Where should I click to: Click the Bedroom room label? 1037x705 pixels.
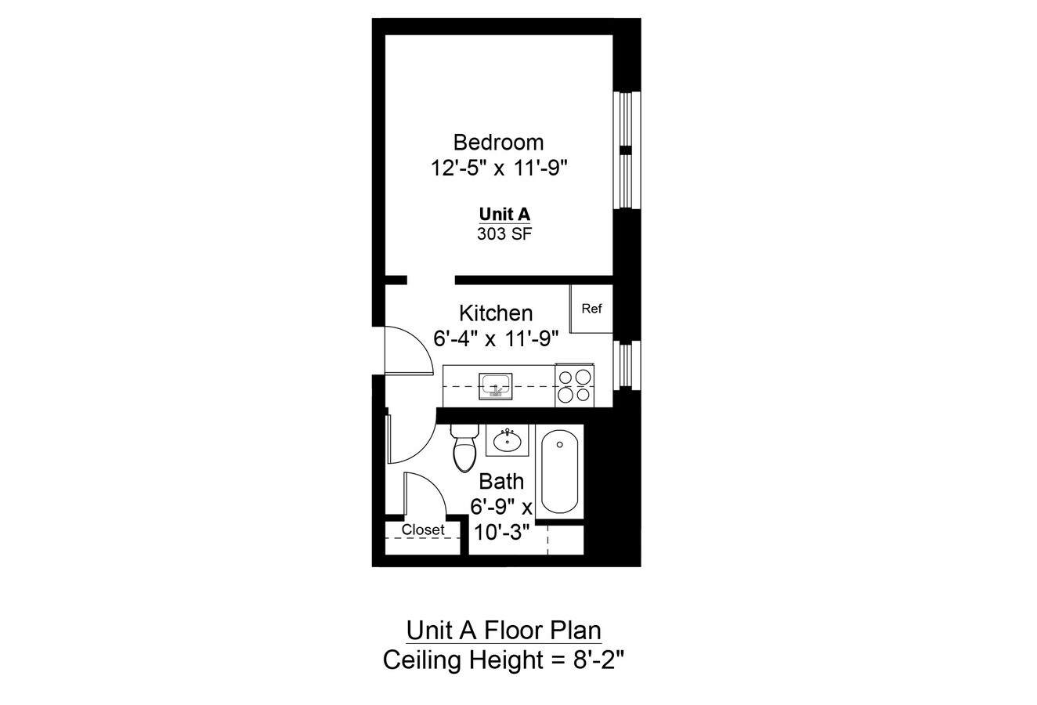click(498, 143)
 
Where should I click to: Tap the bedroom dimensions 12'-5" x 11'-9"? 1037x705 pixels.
click(498, 168)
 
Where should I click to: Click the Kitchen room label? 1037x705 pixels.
click(496, 313)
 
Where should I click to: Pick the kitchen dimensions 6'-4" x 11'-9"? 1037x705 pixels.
click(496, 338)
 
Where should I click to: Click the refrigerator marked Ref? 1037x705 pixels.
click(591, 309)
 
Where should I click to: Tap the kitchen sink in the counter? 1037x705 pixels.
click(496, 385)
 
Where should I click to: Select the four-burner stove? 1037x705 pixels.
click(574, 385)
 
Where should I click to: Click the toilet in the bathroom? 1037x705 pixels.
click(464, 450)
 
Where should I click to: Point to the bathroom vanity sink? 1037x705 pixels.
click(508, 440)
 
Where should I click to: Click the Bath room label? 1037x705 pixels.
click(501, 481)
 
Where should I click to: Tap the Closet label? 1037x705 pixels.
click(423, 530)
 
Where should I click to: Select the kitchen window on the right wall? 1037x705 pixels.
click(626, 364)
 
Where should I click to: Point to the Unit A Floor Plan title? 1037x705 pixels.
click(504, 631)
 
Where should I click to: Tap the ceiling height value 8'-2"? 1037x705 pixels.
click(595, 660)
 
